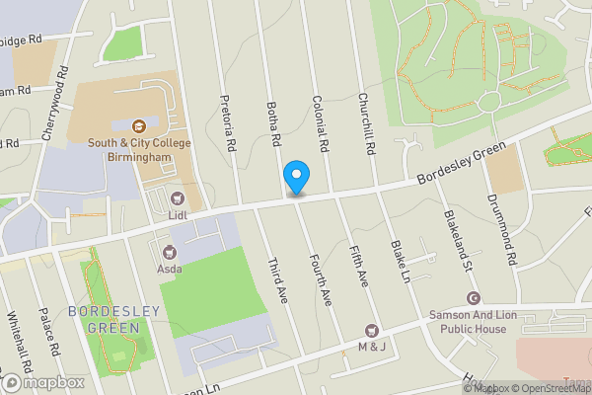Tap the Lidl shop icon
(178, 198)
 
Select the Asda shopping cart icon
(168, 251)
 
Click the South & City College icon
(138, 125)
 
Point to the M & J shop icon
(372, 330)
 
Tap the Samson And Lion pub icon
(474, 298)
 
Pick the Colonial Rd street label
(320, 123)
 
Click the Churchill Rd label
(366, 123)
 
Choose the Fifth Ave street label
(357, 266)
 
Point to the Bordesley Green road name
(461, 164)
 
